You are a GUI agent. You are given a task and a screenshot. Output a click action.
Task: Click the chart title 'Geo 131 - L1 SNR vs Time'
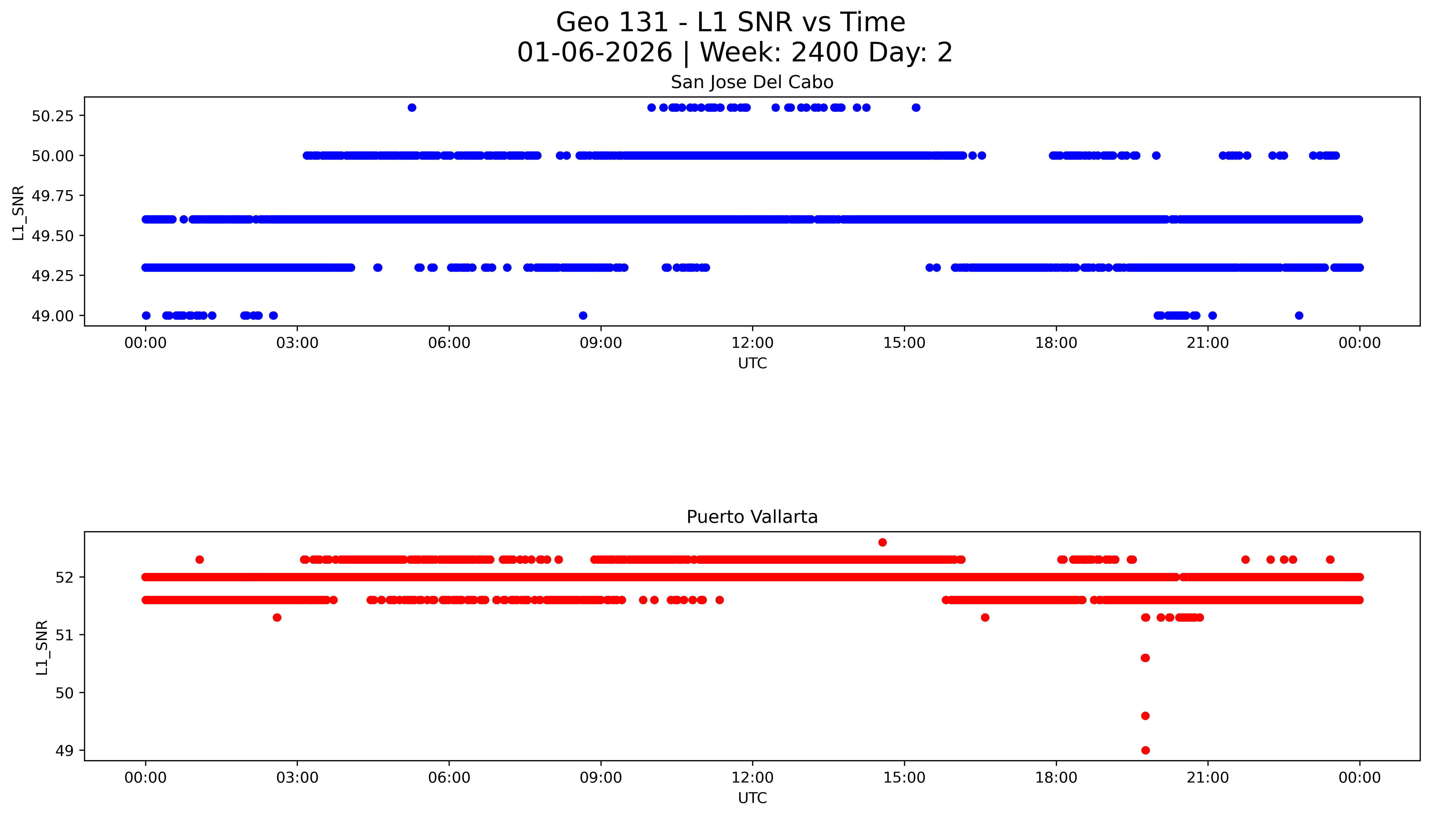(x=730, y=22)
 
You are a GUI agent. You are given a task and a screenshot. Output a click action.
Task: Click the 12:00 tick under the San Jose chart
(x=752, y=343)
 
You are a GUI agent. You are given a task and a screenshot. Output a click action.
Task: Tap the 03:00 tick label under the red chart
(x=297, y=778)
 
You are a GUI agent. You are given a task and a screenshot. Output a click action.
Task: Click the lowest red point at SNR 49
(x=1146, y=750)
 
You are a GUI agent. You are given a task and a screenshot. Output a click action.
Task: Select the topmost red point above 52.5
(x=882, y=542)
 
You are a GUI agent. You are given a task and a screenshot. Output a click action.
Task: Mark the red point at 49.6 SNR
(x=1146, y=715)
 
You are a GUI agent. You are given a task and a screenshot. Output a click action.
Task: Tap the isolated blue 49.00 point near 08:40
(x=583, y=315)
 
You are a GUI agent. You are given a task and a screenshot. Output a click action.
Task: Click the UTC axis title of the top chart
(x=752, y=364)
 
